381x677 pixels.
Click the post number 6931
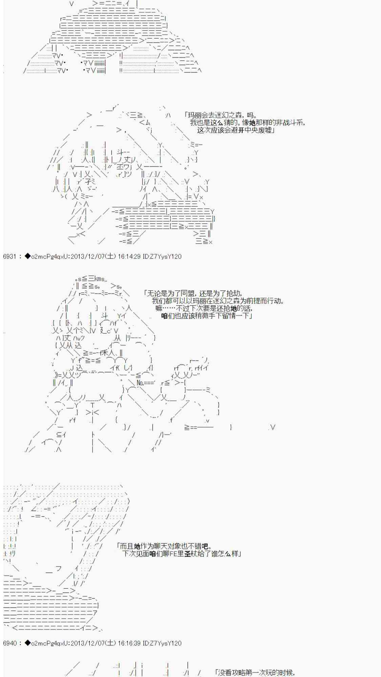(9, 257)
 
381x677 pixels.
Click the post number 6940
(9, 643)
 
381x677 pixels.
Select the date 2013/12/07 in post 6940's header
(87, 643)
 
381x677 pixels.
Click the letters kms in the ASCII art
(100, 279)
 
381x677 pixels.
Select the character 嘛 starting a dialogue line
(159, 308)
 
